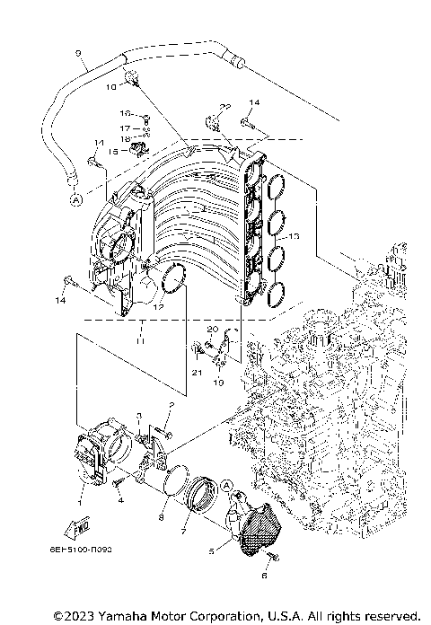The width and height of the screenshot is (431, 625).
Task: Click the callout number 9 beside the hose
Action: coord(79,52)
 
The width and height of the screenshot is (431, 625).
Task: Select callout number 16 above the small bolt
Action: coord(126,115)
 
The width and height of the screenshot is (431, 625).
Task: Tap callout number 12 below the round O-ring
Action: coord(159,307)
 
